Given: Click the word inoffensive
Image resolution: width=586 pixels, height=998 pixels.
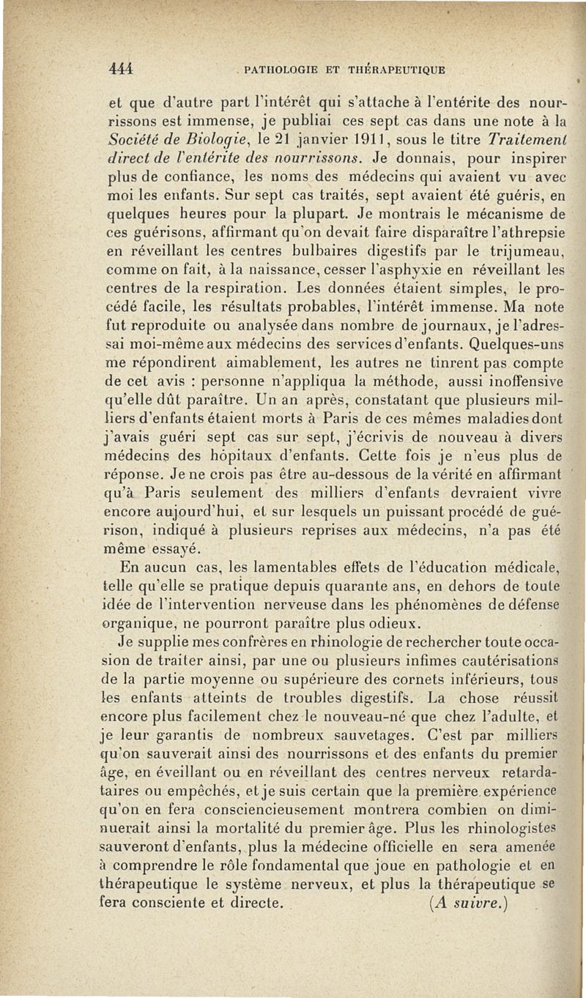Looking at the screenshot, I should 524,381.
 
